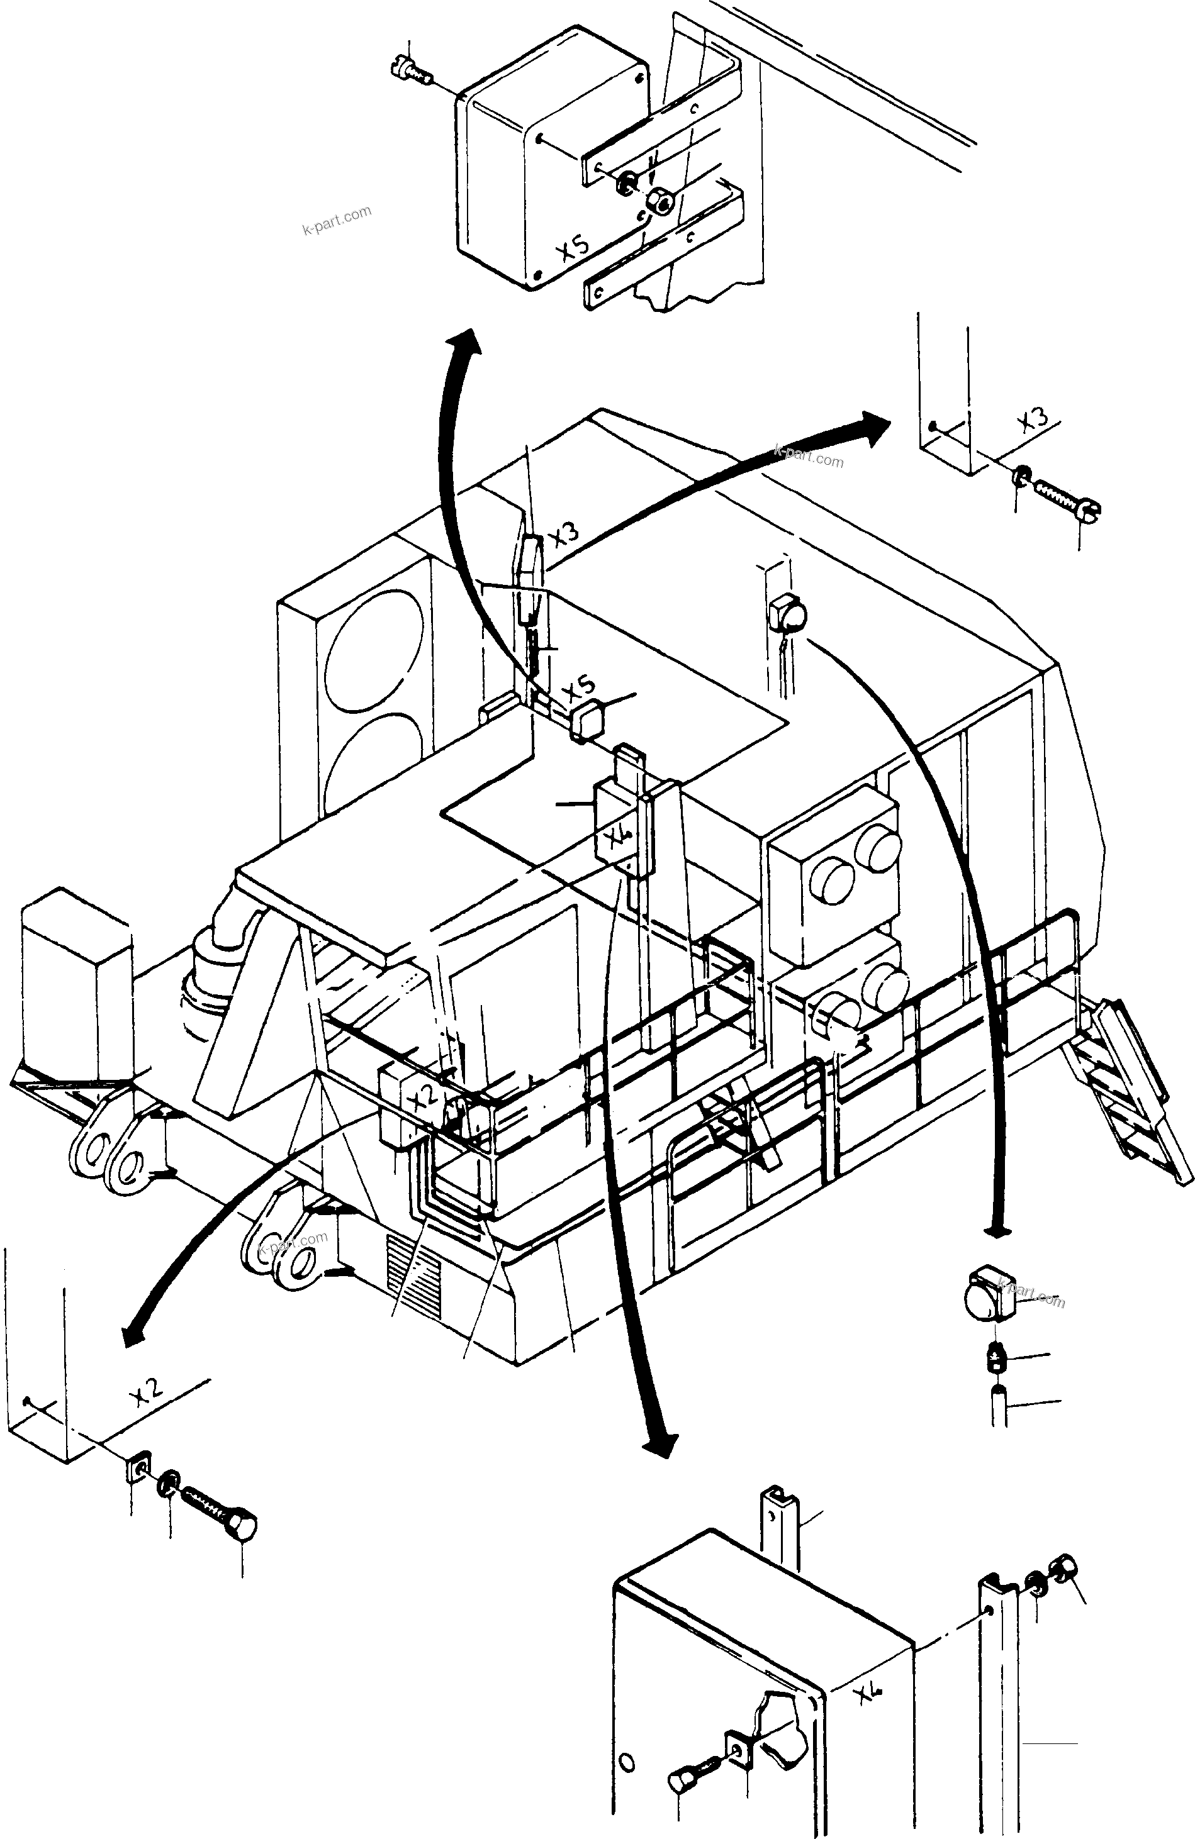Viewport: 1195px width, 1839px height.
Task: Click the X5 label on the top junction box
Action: click(x=573, y=249)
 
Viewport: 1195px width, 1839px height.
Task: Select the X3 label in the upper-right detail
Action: click(x=1033, y=423)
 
